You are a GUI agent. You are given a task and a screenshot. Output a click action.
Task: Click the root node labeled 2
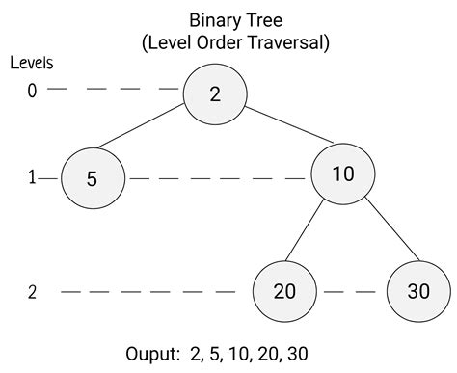[x=216, y=93]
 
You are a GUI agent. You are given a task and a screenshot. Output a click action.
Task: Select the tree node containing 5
[x=93, y=178]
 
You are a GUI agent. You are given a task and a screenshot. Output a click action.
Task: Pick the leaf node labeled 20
[x=284, y=292]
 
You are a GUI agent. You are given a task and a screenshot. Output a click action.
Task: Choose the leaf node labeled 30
[x=418, y=292]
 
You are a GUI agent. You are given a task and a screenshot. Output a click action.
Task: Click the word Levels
[x=31, y=63]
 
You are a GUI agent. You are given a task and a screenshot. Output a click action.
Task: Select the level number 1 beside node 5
[x=32, y=178]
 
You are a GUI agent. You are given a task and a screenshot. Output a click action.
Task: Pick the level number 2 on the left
[x=32, y=292]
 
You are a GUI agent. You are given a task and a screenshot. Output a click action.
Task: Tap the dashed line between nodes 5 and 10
[x=217, y=178]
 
